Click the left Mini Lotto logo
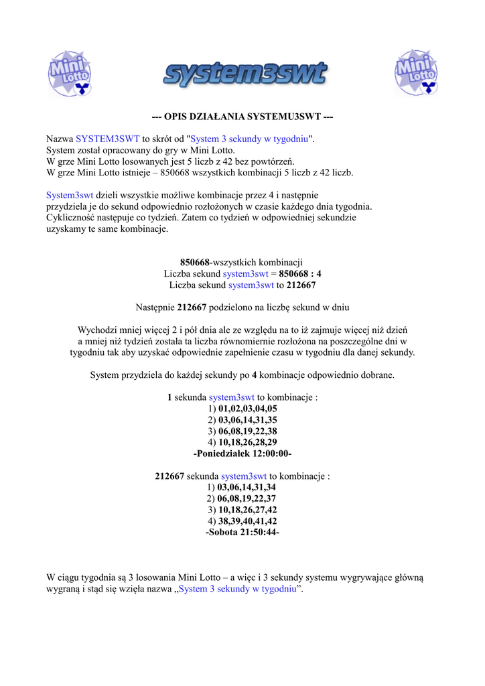(x=70, y=72)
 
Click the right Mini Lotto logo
(x=415, y=72)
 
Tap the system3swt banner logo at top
(x=244, y=74)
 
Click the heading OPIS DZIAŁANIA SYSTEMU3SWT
(x=242, y=117)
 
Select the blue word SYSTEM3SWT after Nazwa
(x=107, y=139)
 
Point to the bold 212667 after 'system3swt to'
(x=301, y=285)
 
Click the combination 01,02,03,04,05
(x=248, y=408)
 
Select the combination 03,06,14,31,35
(x=248, y=419)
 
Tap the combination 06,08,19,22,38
(x=248, y=431)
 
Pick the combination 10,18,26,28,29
(x=248, y=442)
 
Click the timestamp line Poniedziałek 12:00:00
(x=242, y=454)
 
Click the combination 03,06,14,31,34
(x=247, y=487)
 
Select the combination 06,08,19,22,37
(x=247, y=498)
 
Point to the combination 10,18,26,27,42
(x=247, y=509)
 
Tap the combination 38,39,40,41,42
(x=247, y=521)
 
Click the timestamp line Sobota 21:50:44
(x=242, y=532)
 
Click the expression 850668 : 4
(x=300, y=273)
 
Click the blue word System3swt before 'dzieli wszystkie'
(x=70, y=195)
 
